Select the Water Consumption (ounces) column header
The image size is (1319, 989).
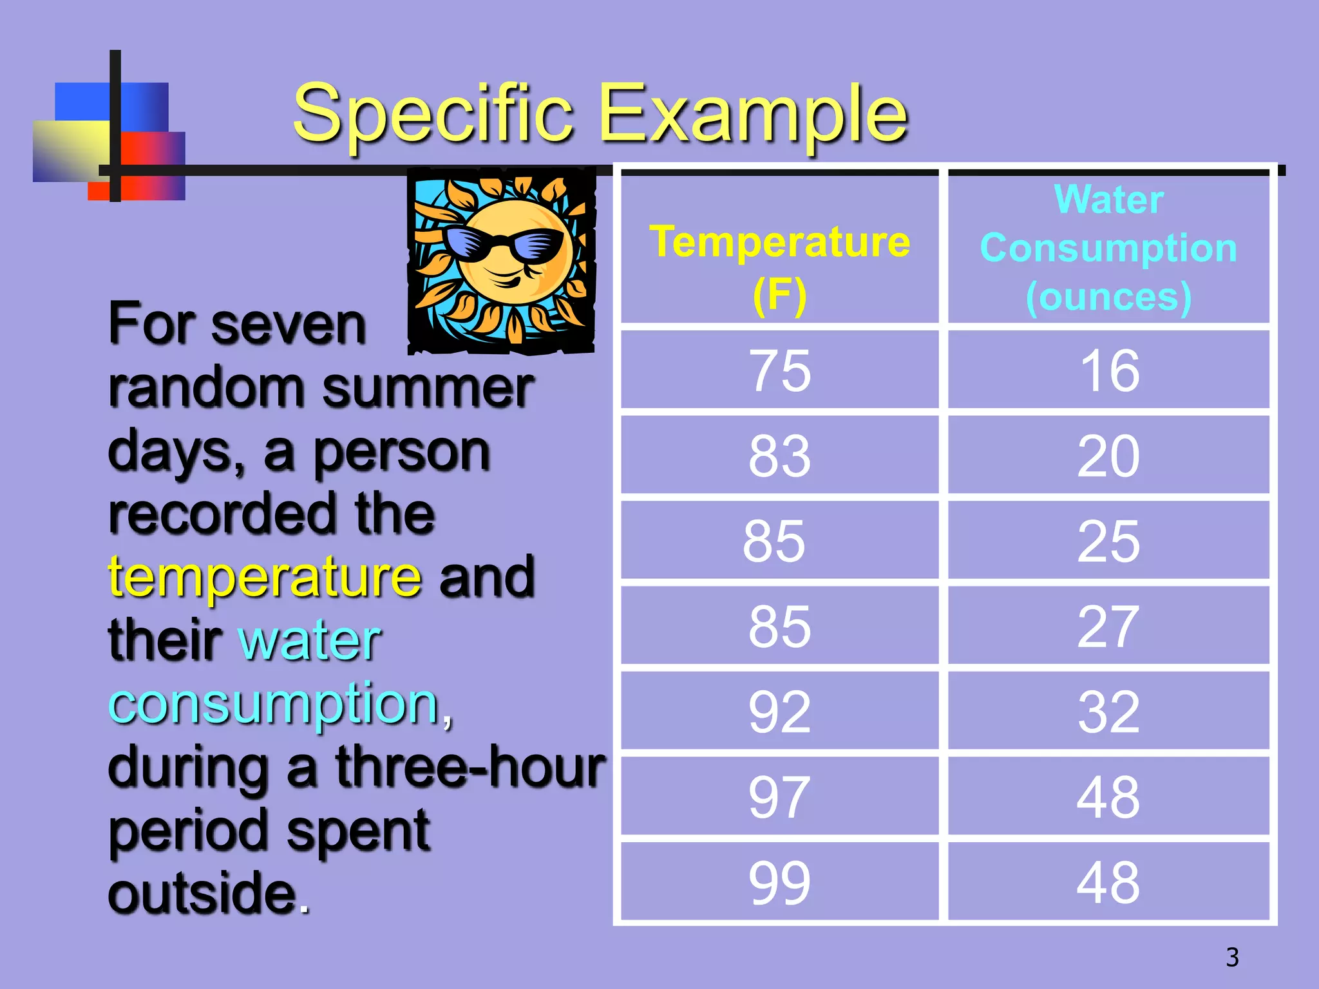(1108, 248)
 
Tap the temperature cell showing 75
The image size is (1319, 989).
(779, 371)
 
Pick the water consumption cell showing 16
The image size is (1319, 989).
(1108, 371)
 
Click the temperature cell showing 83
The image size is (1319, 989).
(779, 456)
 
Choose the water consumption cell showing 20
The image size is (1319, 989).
(1108, 456)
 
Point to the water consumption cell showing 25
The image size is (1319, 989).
(1108, 542)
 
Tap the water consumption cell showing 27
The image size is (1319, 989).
(1108, 626)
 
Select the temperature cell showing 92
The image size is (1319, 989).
(779, 711)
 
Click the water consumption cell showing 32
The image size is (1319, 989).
(1108, 711)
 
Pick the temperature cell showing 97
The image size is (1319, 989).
(779, 797)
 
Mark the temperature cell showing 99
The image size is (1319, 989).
(779, 882)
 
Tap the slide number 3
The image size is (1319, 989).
(1232, 957)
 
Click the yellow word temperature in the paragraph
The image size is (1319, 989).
(265, 578)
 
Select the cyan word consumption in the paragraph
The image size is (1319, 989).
(274, 704)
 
